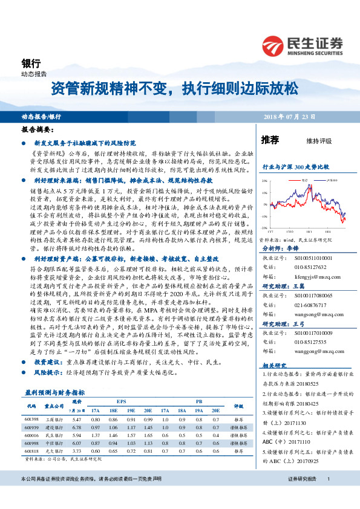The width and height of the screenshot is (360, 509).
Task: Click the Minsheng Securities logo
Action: (x=303, y=44)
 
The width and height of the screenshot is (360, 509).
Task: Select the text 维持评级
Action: (x=319, y=141)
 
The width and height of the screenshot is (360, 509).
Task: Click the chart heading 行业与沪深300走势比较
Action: (x=295, y=166)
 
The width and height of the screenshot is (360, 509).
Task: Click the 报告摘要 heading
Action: (x=38, y=129)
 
